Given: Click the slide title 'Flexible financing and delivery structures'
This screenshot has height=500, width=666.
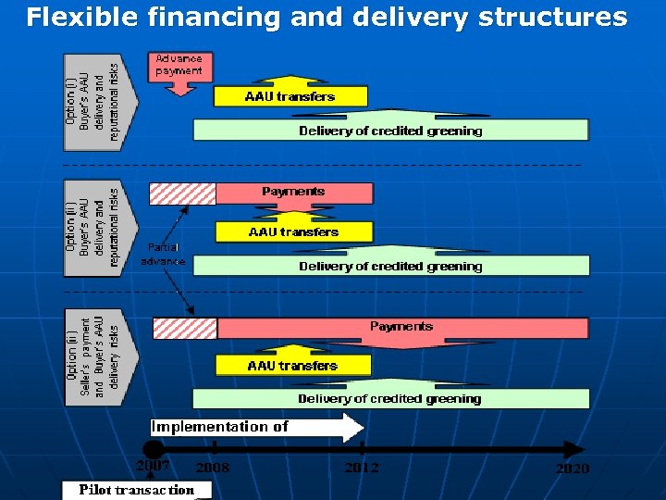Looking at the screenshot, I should pos(327,17).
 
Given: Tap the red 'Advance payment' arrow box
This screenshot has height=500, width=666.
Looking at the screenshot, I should pos(179,68).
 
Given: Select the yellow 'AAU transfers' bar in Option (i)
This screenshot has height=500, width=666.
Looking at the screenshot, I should pos(290,95).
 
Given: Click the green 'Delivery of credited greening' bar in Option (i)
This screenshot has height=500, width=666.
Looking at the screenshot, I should pos(390,131).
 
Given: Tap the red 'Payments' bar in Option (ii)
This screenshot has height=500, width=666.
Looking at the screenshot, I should pos(294,193).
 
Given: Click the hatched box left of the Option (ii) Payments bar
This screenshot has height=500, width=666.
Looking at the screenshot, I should pos(182,193).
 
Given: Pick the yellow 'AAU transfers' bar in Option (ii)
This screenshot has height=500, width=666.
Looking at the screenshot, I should pos(293,231).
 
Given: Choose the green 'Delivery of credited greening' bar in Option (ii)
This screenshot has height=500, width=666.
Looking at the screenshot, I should pos(390,266).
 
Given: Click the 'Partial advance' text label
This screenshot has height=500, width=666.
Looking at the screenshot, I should pos(163,255).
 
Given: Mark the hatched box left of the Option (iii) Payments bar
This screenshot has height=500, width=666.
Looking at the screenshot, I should pos(184,328).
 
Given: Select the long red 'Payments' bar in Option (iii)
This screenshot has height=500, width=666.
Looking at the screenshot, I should pos(402,328).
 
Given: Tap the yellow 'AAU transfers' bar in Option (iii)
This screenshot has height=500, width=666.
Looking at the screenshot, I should pos(292,366).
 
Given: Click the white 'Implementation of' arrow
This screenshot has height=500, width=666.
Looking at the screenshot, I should pos(255,428).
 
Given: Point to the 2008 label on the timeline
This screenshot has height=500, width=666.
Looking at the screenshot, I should pos(213,468).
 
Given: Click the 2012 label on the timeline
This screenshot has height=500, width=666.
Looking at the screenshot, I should pos(362,468).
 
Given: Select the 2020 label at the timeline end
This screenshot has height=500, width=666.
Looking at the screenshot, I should pos(572,469).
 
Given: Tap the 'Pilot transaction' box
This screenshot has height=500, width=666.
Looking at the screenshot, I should pos(137,490).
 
